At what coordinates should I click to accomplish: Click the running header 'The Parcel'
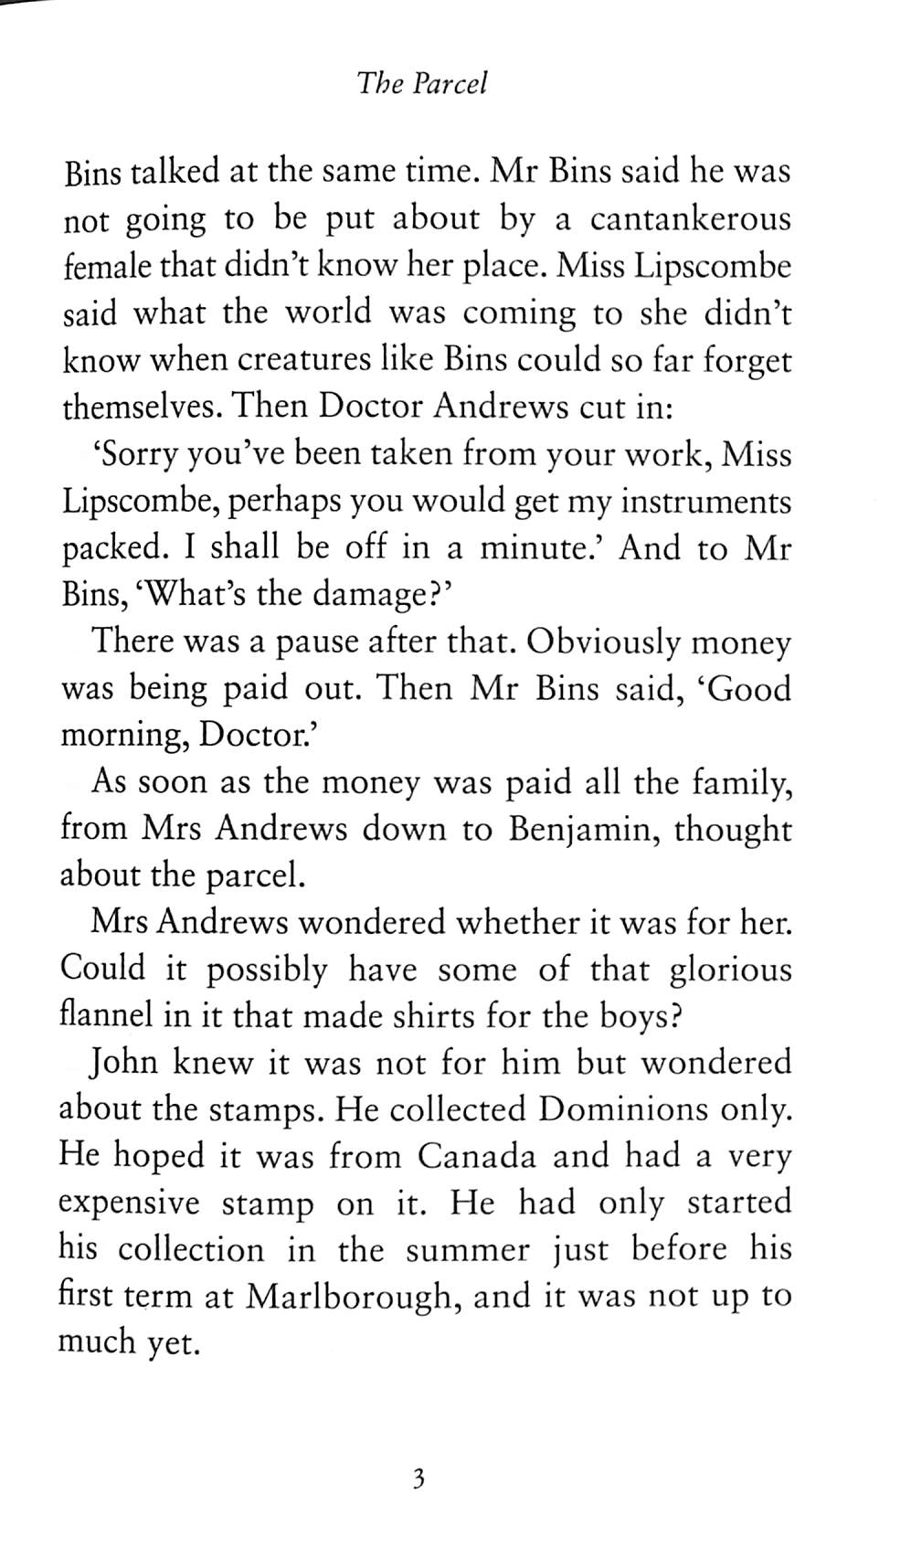coord(423,84)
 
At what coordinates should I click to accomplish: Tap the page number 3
coord(419,1479)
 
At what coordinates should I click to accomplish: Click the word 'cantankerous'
coord(691,220)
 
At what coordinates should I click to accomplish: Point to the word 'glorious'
coord(730,970)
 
